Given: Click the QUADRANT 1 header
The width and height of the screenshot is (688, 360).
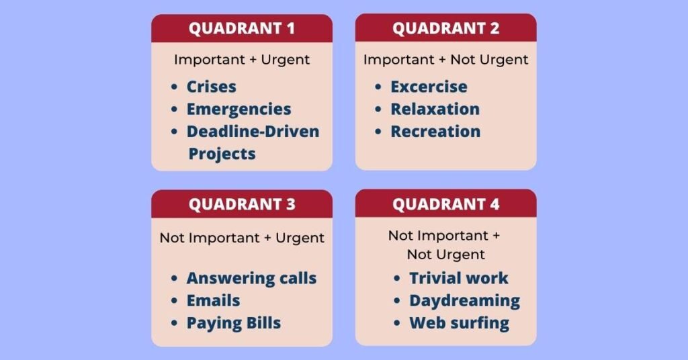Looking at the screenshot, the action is (242, 28).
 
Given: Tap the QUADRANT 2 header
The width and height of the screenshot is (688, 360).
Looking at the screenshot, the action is (446, 28).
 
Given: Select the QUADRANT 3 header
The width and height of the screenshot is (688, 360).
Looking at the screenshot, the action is (242, 204).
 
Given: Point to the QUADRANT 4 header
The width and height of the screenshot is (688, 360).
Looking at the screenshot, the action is (446, 204).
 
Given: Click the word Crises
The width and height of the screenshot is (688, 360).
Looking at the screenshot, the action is (212, 87).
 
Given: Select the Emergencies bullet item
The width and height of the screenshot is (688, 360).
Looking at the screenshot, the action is (239, 109).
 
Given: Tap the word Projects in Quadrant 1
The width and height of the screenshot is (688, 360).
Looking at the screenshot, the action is (222, 154).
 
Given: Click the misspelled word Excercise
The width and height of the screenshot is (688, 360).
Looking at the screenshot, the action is (429, 87).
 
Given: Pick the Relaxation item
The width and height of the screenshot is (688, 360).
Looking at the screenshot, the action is (435, 109).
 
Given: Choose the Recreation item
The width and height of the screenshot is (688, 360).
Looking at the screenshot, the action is (435, 132).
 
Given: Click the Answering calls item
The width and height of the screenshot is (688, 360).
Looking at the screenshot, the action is (251, 279).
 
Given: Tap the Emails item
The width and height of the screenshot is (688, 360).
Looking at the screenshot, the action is (213, 301).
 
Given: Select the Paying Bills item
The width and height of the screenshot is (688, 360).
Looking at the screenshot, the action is (233, 323).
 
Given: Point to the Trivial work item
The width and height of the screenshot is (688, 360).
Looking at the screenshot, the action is (458, 278).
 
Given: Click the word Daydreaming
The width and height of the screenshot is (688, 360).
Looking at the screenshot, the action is (465, 301).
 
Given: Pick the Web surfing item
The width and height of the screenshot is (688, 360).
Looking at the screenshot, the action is (460, 323).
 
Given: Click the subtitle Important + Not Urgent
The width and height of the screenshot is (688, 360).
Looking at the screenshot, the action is (446, 60).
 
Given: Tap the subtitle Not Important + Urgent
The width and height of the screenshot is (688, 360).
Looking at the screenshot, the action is (242, 238).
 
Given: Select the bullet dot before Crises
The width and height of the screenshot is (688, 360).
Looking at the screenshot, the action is (174, 87).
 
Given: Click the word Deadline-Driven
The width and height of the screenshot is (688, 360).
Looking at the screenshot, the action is (253, 132).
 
